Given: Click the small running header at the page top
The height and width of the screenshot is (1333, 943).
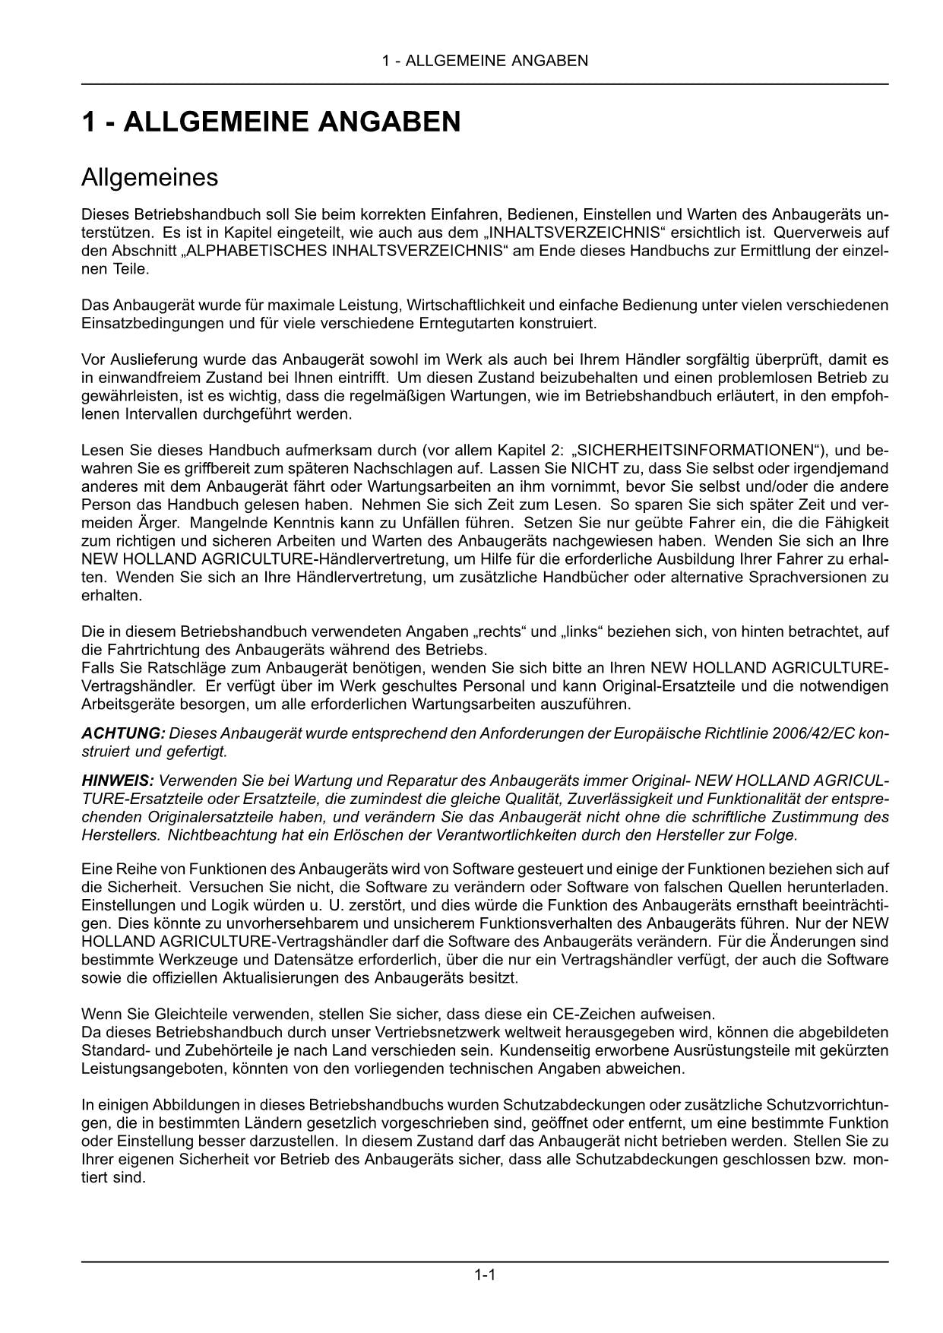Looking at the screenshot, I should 485,61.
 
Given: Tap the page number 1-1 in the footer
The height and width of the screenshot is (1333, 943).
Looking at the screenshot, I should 485,1274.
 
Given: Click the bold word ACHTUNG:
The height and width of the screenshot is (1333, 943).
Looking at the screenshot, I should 123,733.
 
